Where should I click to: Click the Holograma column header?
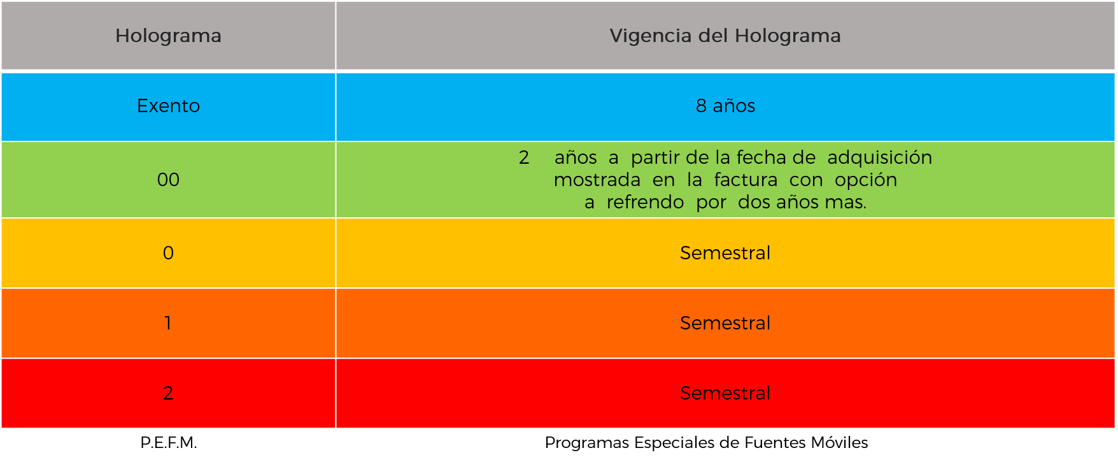tap(168, 36)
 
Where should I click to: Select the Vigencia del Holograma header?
tap(725, 36)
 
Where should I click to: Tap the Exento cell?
tap(168, 106)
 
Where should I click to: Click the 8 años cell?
tap(725, 106)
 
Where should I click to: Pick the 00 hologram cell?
tap(168, 180)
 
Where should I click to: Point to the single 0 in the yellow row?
tap(168, 253)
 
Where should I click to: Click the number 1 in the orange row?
tap(168, 323)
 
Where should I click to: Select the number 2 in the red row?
tap(168, 393)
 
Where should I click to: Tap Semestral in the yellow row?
tap(725, 253)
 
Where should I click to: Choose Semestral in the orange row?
tap(725, 323)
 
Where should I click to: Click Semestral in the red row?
tap(725, 393)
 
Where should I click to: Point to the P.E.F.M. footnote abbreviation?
tap(169, 443)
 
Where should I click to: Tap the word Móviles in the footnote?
tap(840, 442)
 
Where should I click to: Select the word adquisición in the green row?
tap(880, 157)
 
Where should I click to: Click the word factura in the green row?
tap(746, 180)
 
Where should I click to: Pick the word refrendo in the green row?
tap(645, 202)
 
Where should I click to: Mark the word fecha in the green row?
tap(761, 157)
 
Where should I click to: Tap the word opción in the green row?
tap(866, 180)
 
